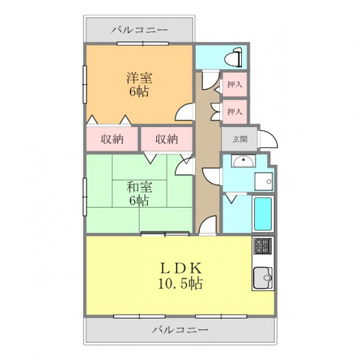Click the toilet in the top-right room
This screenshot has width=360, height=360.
[233, 57]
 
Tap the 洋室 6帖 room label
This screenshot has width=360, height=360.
[139, 84]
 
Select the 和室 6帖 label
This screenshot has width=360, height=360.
[139, 193]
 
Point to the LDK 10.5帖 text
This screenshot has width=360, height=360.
[180, 276]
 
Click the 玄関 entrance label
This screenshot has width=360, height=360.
[240, 139]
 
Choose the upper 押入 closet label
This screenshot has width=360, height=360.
[235, 84]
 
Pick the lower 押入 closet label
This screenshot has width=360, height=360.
[235, 112]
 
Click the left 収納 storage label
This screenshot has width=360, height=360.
[112, 139]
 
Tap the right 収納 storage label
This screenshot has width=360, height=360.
[167, 139]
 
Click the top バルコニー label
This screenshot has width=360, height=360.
[139, 30]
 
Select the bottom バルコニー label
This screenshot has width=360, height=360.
[180, 330]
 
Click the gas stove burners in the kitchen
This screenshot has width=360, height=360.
[263, 246]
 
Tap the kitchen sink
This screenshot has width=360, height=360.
[263, 278]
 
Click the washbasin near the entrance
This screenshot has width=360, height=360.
[243, 161]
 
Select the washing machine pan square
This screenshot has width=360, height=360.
[264, 182]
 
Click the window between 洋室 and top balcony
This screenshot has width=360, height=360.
[143, 43]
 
